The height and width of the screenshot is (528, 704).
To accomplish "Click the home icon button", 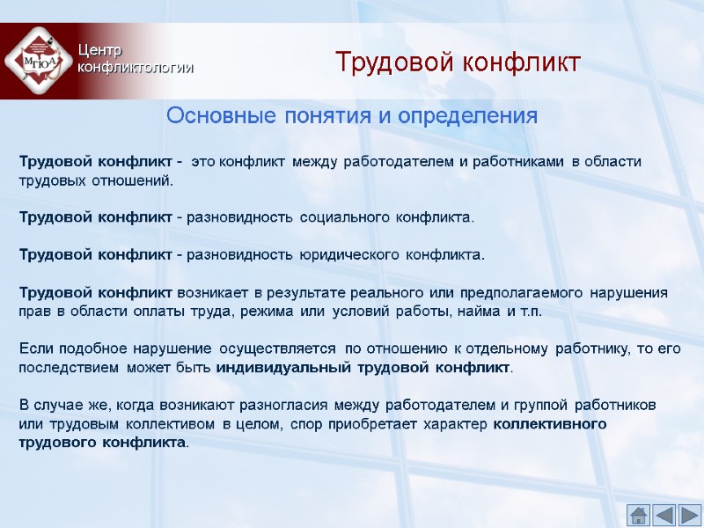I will point(638,514).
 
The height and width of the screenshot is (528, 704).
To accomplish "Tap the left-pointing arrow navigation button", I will point(664,514).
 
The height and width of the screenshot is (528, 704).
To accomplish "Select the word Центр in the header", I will point(99,51).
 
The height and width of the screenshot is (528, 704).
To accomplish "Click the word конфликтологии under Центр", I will point(135,68).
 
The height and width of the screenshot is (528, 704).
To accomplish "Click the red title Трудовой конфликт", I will point(458,63).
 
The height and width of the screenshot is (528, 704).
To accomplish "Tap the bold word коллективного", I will point(550,424).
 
